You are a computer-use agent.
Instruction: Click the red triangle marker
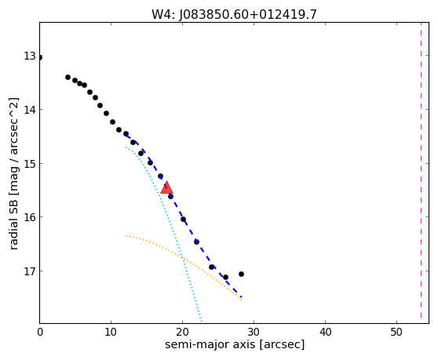[166, 188]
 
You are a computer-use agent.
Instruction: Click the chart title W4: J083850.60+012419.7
[234, 15]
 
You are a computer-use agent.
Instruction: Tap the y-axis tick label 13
[30, 56]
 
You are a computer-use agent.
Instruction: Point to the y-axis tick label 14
[30, 110]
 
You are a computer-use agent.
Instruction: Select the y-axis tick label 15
[30, 164]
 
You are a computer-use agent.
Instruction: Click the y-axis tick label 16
[30, 217]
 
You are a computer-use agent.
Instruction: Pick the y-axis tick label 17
[30, 271]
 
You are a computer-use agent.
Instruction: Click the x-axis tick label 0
[40, 332]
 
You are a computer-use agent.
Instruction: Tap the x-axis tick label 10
[111, 332]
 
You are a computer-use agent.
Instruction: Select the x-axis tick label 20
[182, 332]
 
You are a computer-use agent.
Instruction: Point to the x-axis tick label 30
[254, 332]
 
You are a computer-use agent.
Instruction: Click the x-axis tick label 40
[326, 332]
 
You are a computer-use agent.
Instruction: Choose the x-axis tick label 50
[396, 332]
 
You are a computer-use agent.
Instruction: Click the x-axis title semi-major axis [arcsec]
[235, 344]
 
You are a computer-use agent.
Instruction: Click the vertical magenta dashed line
[421, 170]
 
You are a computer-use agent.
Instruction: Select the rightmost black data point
[241, 274]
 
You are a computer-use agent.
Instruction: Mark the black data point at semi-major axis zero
[40, 58]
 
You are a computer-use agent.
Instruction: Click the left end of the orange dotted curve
[126, 236]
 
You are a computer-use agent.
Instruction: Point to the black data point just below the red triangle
[170, 196]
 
